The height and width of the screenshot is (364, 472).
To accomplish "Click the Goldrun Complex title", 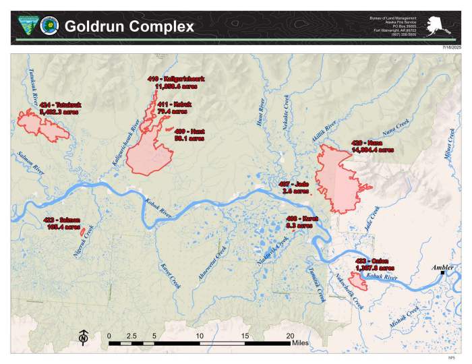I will point(129,27).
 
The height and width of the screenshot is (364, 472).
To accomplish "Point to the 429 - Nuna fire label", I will point(372,146).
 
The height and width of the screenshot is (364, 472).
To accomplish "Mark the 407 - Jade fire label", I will point(293,187).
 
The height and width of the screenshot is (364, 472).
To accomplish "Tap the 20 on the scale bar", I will point(290,335).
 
